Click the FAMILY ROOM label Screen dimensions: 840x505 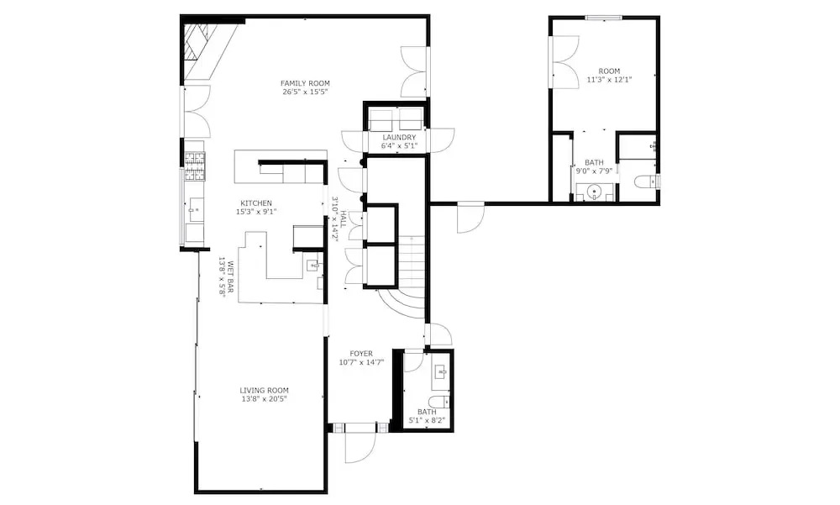(x=305, y=83)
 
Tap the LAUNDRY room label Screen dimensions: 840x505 (x=399, y=138)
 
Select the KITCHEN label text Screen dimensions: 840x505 (x=256, y=203)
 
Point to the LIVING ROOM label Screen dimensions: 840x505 (x=264, y=390)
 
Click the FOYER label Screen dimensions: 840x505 (x=361, y=354)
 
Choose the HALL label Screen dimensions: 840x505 (x=344, y=218)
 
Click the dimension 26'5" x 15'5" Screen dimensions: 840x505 (x=305, y=92)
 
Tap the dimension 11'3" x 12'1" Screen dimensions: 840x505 (x=610, y=79)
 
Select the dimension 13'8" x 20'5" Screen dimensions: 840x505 (x=264, y=399)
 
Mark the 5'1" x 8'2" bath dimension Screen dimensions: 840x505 (x=427, y=420)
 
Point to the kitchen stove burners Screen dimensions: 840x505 (x=195, y=166)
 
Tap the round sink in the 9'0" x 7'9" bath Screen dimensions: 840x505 (x=594, y=192)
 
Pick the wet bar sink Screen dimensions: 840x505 (x=313, y=265)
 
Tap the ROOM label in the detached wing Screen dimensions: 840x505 (x=610, y=71)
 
